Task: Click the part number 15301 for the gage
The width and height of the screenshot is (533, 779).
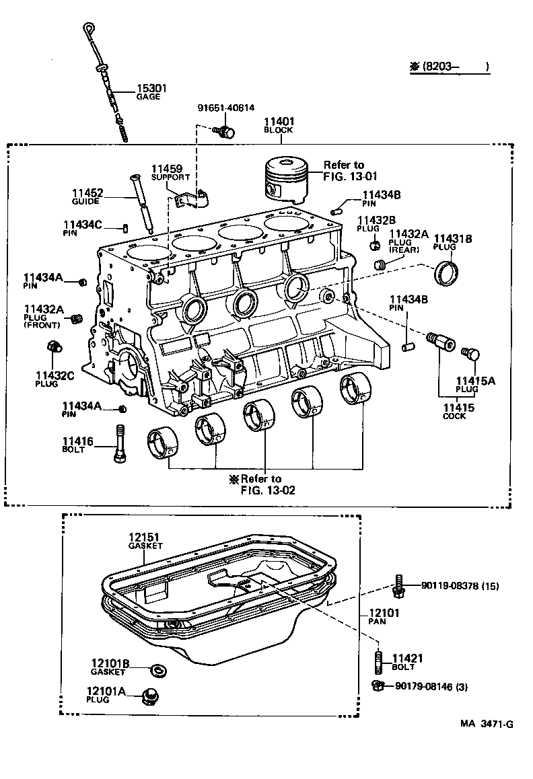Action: (x=151, y=88)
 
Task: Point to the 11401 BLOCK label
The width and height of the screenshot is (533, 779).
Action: (x=278, y=125)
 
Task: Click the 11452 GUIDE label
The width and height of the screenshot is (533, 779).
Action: (x=88, y=196)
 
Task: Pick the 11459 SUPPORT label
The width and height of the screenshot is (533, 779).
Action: (x=166, y=172)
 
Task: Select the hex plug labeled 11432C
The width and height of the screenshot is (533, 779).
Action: (x=53, y=347)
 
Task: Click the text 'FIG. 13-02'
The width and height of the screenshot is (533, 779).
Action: (x=267, y=490)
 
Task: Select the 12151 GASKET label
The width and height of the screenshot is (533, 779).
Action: (x=145, y=542)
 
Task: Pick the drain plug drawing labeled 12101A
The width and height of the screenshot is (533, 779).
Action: (x=151, y=696)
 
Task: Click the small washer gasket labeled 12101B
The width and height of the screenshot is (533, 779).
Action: (x=159, y=670)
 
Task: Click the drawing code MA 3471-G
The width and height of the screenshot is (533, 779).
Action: (x=487, y=724)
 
